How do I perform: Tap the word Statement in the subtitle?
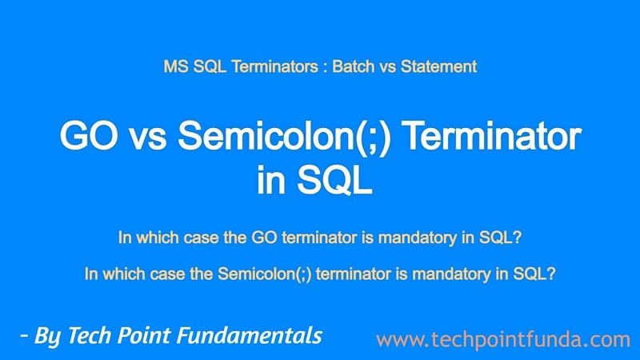438,66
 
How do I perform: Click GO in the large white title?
89,136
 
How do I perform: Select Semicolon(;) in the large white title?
285,137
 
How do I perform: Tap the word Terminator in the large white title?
494,136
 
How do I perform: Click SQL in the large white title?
334,180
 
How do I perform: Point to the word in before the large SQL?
271,180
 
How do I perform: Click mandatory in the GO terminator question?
418,238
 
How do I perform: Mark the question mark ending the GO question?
518,237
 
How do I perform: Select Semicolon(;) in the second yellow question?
265,274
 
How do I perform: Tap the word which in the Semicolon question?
124,274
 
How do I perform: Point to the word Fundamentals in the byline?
250,335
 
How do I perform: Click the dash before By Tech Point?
24,336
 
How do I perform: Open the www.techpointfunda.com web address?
503,339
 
